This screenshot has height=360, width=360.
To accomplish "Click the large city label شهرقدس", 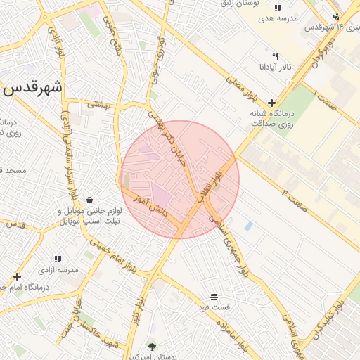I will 33,89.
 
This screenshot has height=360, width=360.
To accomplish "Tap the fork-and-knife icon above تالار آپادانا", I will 276,56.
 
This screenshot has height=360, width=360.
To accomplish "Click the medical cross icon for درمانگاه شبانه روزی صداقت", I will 271,103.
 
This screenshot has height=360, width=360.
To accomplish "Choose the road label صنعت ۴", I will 295,191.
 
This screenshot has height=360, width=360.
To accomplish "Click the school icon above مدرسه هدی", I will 278,7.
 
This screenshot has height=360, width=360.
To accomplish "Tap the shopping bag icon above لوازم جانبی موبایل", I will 89,200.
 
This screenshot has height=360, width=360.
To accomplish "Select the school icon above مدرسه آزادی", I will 58,259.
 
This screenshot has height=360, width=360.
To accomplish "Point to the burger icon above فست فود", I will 214,297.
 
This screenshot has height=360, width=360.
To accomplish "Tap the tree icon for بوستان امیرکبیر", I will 152,345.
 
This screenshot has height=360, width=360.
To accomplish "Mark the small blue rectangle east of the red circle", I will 248,226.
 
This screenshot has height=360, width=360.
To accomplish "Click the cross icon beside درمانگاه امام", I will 17,276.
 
